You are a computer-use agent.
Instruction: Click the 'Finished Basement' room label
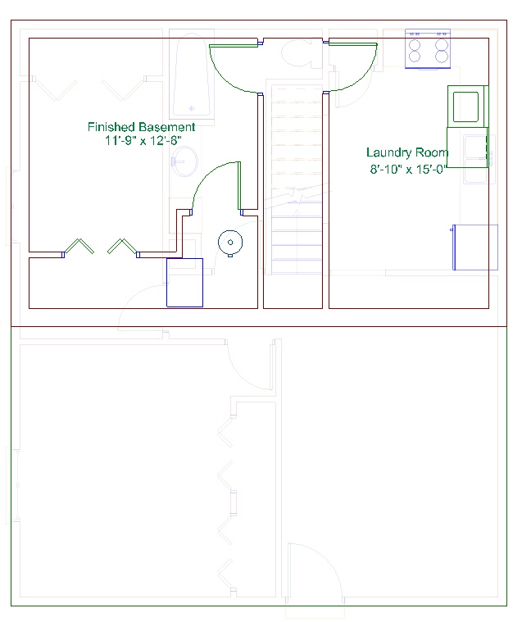point(141,127)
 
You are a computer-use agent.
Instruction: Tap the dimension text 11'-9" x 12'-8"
point(143,140)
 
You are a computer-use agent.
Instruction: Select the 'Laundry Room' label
point(407,152)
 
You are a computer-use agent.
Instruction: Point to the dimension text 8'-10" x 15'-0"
point(408,170)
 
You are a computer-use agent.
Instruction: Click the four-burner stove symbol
point(428,48)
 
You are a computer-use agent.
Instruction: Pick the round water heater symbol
point(230,243)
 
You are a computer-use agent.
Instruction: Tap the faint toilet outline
point(302,52)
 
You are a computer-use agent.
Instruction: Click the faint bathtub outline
point(192,75)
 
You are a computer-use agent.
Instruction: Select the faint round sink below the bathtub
point(185,161)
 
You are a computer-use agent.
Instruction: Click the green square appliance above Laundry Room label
point(467,107)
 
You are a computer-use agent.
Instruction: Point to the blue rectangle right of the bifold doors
point(185,283)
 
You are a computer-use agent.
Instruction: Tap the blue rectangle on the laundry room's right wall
point(475,247)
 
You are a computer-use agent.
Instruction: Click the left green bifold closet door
point(79,246)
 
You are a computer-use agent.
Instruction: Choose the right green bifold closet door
point(124,247)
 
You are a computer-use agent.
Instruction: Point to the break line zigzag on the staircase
point(297,195)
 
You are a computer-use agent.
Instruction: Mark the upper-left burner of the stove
point(415,43)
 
